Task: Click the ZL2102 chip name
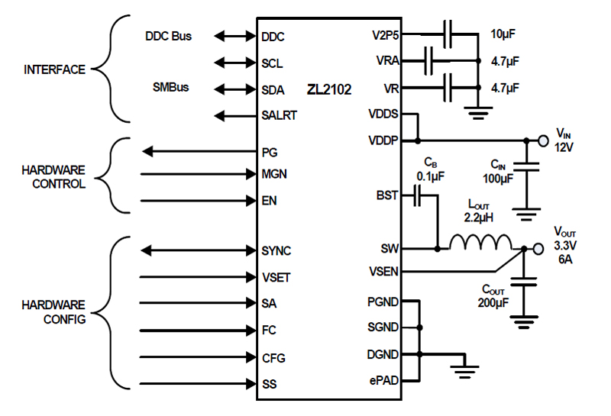click(x=330, y=90)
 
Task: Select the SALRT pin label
click(x=279, y=116)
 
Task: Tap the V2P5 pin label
click(x=383, y=35)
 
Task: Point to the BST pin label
click(x=387, y=195)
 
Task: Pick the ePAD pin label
click(x=383, y=380)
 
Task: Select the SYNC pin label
click(x=276, y=250)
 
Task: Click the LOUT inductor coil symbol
click(x=480, y=243)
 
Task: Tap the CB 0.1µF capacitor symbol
click(x=416, y=196)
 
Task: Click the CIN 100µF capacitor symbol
click(x=525, y=165)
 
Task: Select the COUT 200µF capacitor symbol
click(x=524, y=284)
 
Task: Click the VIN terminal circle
click(x=543, y=140)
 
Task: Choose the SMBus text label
click(x=170, y=88)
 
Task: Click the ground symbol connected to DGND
click(x=464, y=371)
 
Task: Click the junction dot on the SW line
click(x=437, y=249)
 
